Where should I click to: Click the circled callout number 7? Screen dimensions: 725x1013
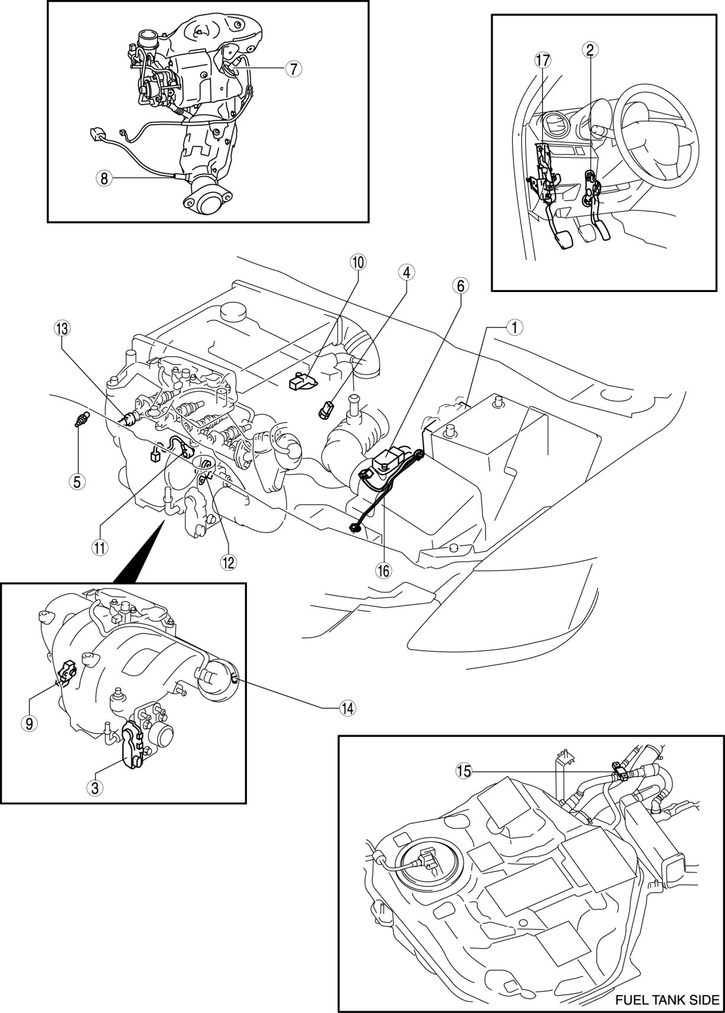(x=294, y=69)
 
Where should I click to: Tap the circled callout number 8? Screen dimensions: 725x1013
(x=105, y=179)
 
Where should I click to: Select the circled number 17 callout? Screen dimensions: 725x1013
(x=543, y=59)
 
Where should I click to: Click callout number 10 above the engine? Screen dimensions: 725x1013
(x=358, y=262)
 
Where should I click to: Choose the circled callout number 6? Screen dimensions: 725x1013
(x=460, y=285)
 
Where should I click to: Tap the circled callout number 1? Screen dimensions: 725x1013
(x=515, y=328)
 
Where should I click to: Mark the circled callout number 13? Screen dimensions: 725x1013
(x=62, y=329)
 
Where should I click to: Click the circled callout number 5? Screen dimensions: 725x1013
(x=77, y=482)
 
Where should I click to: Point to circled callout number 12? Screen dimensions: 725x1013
(x=228, y=562)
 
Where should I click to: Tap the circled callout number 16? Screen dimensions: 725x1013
(x=383, y=571)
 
